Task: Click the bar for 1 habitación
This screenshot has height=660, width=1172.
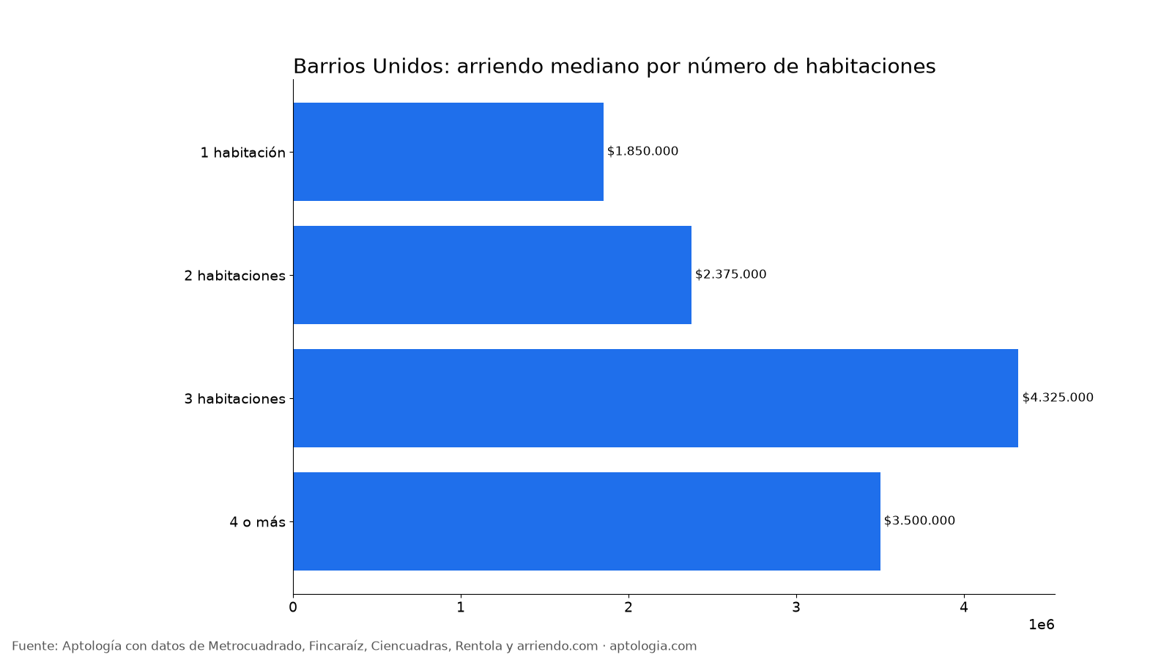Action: coord(448,152)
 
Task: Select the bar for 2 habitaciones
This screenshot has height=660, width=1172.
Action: coord(492,275)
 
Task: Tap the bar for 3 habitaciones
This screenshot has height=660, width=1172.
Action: coord(656,398)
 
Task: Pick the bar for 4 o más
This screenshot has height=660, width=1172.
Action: coord(587,521)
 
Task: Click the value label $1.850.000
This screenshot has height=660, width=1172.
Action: coord(642,151)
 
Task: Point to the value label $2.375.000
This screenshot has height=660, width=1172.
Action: coord(730,274)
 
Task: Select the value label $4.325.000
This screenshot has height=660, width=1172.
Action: coord(1058,397)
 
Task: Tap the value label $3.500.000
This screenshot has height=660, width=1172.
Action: coord(919,521)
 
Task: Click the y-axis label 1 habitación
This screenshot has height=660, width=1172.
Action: coord(242,153)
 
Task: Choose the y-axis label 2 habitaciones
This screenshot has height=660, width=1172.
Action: coord(235,276)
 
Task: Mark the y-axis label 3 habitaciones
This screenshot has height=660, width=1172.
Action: coord(235,399)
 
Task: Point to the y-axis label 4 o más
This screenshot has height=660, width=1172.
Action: coord(257,522)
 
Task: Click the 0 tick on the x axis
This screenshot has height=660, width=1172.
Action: coord(293,608)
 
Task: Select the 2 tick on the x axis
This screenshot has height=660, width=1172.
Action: coord(628,608)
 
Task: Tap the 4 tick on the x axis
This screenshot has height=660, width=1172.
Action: coord(964,608)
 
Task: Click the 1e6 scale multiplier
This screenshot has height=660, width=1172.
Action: coord(1041,625)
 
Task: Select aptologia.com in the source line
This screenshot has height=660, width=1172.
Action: coord(653,647)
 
